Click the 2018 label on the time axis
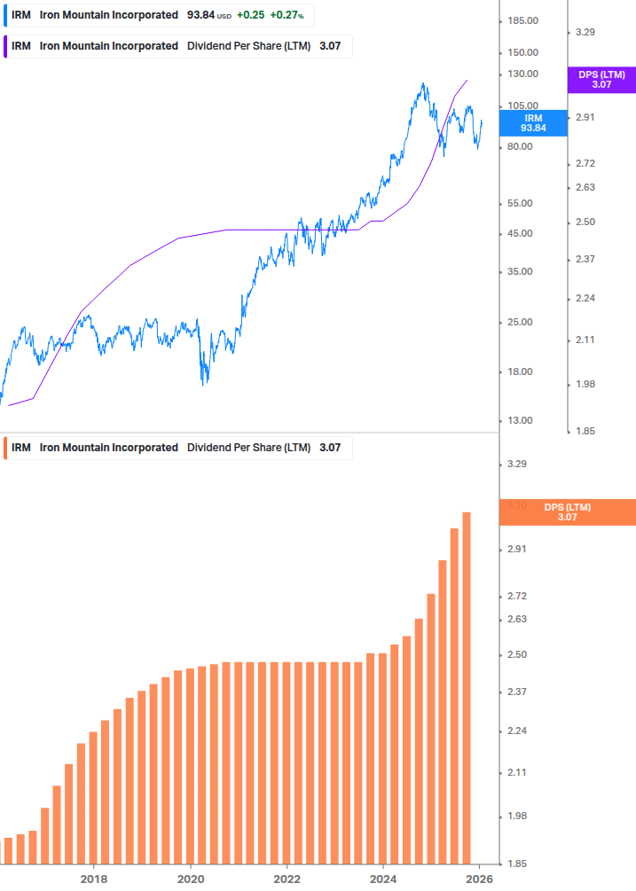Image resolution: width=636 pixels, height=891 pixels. pos(94,879)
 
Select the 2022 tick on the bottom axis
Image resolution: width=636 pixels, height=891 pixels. pos(287,879)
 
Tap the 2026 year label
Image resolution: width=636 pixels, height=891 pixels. pos(479,879)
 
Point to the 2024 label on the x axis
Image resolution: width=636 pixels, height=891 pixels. pos(383,879)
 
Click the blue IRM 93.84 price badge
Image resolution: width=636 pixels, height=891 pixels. pos(533,122)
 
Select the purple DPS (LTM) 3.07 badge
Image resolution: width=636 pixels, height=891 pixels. pos(601,80)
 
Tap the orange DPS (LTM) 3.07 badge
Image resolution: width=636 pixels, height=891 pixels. pos(567,512)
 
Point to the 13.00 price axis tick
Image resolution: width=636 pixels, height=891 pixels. pos(521,420)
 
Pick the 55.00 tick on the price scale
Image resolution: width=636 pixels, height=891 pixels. pos(521,203)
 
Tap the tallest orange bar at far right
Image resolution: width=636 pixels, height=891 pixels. pos(467,687)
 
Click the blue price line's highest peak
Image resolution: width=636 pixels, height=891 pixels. pos(424,84)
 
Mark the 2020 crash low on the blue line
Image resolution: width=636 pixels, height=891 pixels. pos(204,383)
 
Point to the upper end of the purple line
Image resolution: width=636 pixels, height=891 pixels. pos(467,80)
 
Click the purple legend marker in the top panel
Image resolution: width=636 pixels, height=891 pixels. pos(5,46)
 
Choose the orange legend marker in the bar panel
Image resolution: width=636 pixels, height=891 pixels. pos(5,448)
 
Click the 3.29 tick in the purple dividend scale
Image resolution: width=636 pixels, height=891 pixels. pos(585,32)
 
